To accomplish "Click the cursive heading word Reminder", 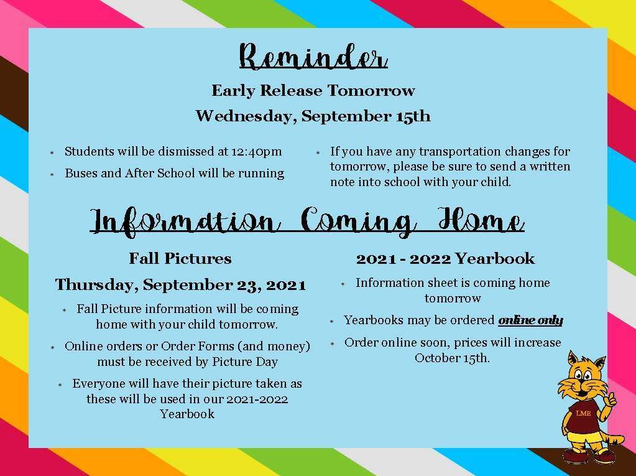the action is (313, 57).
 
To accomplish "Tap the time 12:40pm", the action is (256, 152).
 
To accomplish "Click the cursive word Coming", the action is (359, 221).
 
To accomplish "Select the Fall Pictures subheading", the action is (180, 258).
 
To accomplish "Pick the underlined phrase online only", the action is (530, 320).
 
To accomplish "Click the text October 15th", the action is (452, 358).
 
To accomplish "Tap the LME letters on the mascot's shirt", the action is (583, 413).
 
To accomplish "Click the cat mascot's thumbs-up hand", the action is (608, 402).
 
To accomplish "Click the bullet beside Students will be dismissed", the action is (52, 153).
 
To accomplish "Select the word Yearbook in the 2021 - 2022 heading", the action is (494, 258).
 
